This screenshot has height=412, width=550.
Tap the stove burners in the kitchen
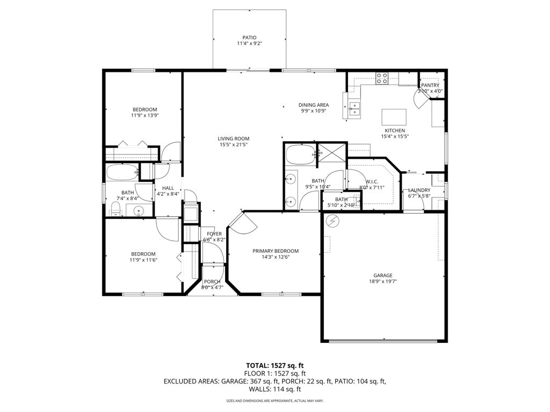pyautogui.click(x=382, y=78)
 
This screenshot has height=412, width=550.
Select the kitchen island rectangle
pyautogui.click(x=394, y=116)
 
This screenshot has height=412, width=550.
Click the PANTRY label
pyautogui.click(x=430, y=85)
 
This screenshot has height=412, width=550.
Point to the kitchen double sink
pyautogui.click(x=354, y=110)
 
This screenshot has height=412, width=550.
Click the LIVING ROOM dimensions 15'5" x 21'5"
pyautogui.click(x=233, y=144)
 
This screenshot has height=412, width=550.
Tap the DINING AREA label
pyautogui.click(x=314, y=105)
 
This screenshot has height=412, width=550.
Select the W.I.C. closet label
pyautogui.click(x=372, y=181)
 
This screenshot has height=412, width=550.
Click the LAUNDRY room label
pyautogui.click(x=419, y=190)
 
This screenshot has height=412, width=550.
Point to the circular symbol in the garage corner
pyautogui.click(x=333, y=220)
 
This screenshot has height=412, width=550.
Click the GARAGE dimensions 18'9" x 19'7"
pyautogui.click(x=383, y=281)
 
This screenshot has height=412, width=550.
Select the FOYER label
pyautogui.click(x=214, y=234)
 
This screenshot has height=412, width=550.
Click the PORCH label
pyautogui.click(x=212, y=282)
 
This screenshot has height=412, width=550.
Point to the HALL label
pyautogui.click(x=168, y=188)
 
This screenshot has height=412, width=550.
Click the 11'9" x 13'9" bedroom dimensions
pyautogui.click(x=144, y=115)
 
